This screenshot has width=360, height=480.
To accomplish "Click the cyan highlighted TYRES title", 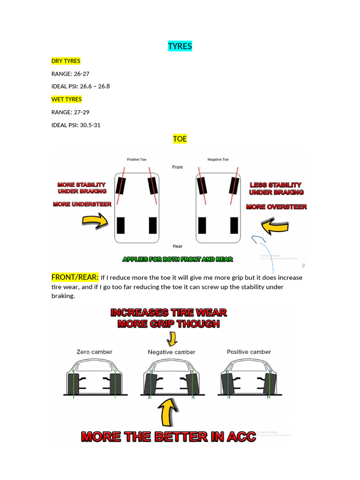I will pos(180,46).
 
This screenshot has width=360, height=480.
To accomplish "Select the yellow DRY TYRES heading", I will pos(66,61).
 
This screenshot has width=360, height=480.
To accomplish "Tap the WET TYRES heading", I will pos(67,99).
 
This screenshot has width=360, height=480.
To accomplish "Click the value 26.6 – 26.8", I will pos(95,86).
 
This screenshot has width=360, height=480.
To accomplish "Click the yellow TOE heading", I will pos(180,139).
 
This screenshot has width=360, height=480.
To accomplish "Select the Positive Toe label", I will pos(136,160).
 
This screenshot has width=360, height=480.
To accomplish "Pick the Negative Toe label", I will pos(218,160).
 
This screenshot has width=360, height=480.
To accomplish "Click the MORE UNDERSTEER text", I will pos(82,204).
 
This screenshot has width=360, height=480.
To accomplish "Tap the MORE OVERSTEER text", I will pos(277,207).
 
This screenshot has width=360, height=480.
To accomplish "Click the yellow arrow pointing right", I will pos(95,221).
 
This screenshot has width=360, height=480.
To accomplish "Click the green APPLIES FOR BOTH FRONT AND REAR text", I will pos(178,259).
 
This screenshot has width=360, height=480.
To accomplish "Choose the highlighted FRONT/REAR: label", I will pos(75,277).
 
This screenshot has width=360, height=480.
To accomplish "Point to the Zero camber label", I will pos(94,352).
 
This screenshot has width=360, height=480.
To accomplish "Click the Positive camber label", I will pos(249,352).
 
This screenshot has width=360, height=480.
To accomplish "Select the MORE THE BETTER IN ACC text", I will pos(169,437).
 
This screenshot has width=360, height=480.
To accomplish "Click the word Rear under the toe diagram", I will pos(177,246).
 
